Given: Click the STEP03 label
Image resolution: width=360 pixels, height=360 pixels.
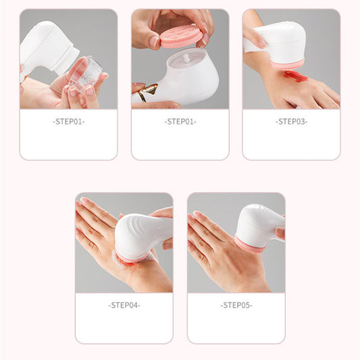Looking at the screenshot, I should click(291, 122).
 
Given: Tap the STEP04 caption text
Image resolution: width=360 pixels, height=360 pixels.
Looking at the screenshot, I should click(124, 305).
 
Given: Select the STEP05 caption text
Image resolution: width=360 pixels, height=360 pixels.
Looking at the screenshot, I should click(236, 305).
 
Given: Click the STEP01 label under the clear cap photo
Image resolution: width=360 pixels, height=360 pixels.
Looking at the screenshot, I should click(68, 122).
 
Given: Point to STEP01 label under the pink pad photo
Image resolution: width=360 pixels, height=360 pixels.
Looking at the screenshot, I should click(180, 122).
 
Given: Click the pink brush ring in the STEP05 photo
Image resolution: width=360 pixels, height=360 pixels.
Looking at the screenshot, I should click(249, 245).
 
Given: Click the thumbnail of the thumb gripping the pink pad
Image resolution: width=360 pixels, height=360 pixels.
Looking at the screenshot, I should click(155, 41).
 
